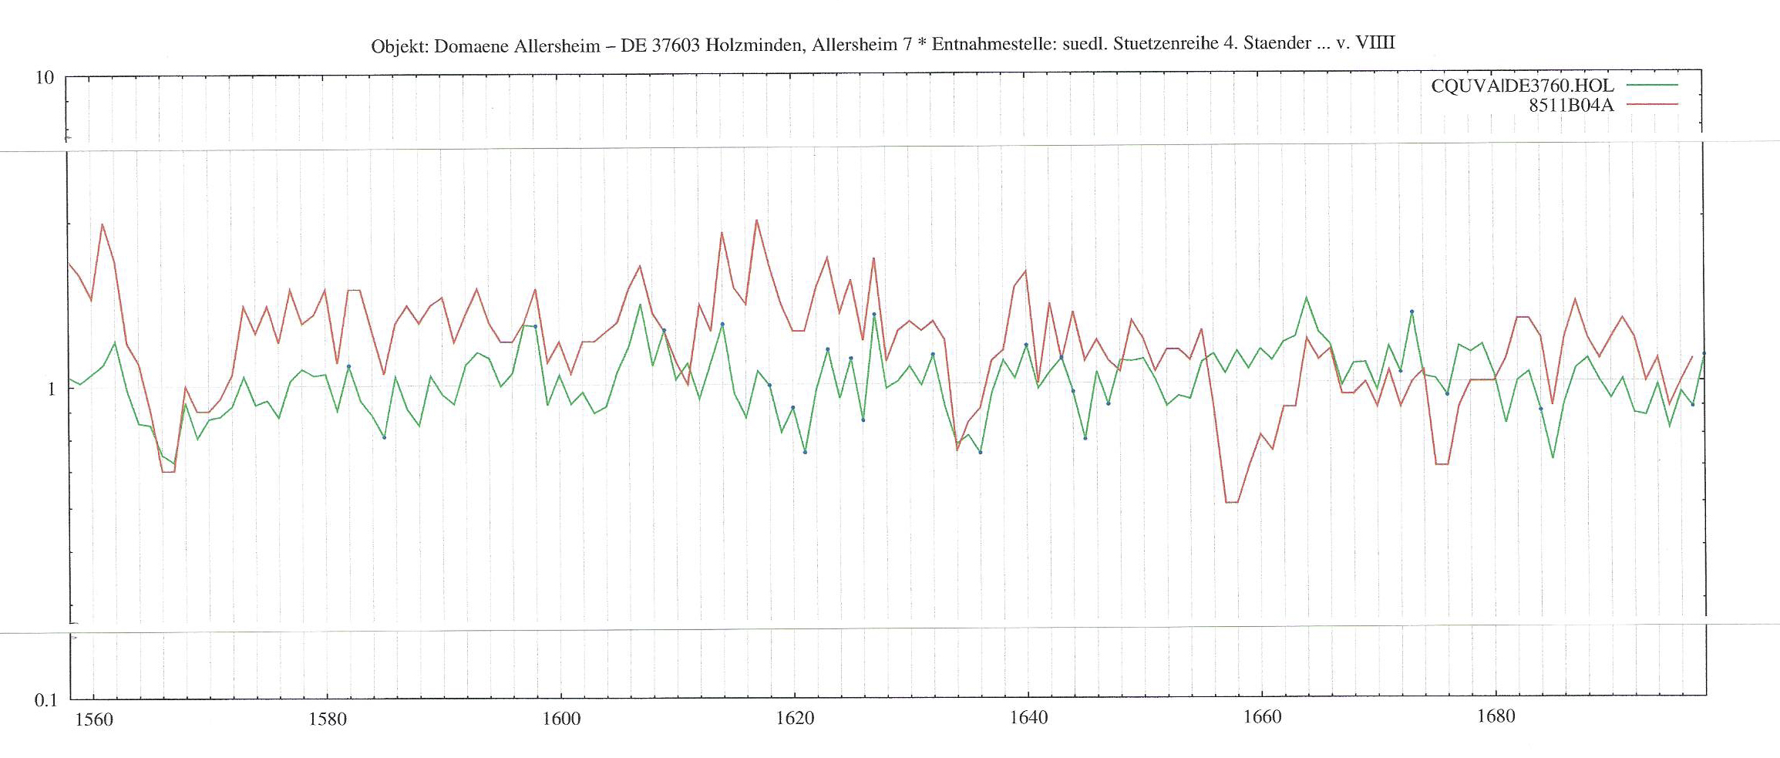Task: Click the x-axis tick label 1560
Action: point(94,719)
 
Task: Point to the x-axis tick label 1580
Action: point(328,719)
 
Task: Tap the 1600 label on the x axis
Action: point(561,719)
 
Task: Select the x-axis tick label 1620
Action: point(795,718)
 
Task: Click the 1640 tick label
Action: point(1028,717)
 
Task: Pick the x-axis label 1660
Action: point(1262,716)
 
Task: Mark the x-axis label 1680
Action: point(1496,716)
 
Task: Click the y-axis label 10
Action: point(45,77)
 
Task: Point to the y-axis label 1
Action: point(51,389)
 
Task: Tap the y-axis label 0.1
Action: point(45,700)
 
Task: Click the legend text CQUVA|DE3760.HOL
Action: point(1522,86)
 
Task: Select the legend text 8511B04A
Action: point(1571,105)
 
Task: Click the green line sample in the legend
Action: point(1652,85)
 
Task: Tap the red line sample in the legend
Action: point(1652,104)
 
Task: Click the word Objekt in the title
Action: point(399,46)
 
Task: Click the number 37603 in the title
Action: point(676,45)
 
